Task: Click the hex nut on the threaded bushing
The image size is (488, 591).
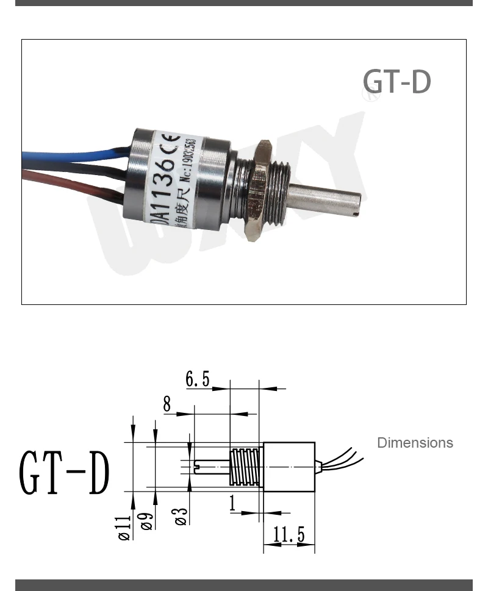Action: click(262, 189)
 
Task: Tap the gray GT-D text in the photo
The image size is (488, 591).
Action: click(396, 82)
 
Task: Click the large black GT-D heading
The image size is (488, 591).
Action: click(65, 473)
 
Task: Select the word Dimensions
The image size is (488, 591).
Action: click(415, 443)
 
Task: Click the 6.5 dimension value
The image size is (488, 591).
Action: click(198, 379)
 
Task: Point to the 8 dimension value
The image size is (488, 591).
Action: click(167, 404)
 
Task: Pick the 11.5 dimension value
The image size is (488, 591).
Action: click(289, 535)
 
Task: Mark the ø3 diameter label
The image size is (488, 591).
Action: click(181, 516)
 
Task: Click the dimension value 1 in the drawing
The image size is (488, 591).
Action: click(232, 503)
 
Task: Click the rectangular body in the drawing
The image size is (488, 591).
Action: click(289, 467)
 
